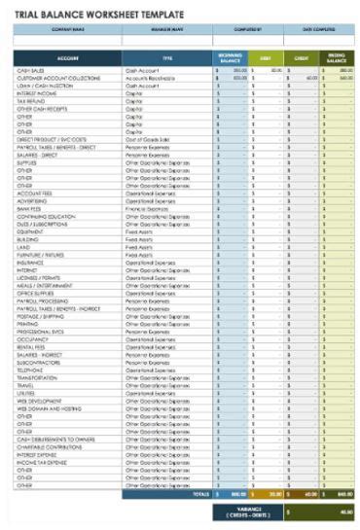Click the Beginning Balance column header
(231, 58)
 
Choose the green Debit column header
(266, 58)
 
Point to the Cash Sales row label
(29, 71)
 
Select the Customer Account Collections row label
(58, 78)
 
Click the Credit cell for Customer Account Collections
(303, 78)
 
